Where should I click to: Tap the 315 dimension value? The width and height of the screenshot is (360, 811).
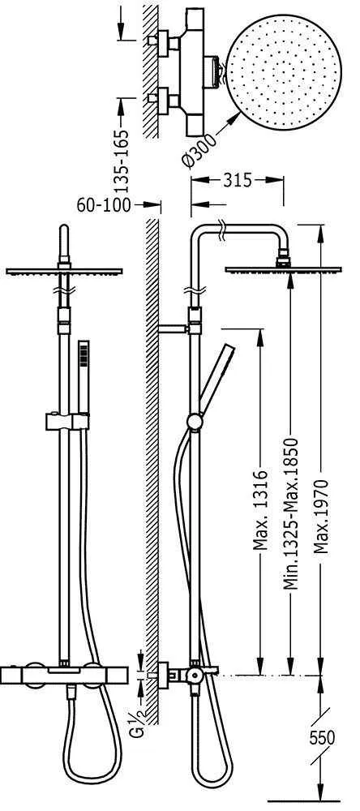(x=238, y=181)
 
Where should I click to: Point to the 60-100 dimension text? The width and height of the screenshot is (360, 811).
(x=104, y=205)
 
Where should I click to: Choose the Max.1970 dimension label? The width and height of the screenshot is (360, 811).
(x=321, y=517)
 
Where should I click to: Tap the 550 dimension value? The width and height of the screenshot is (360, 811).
(x=322, y=738)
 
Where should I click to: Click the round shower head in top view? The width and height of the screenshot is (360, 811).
(x=284, y=72)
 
